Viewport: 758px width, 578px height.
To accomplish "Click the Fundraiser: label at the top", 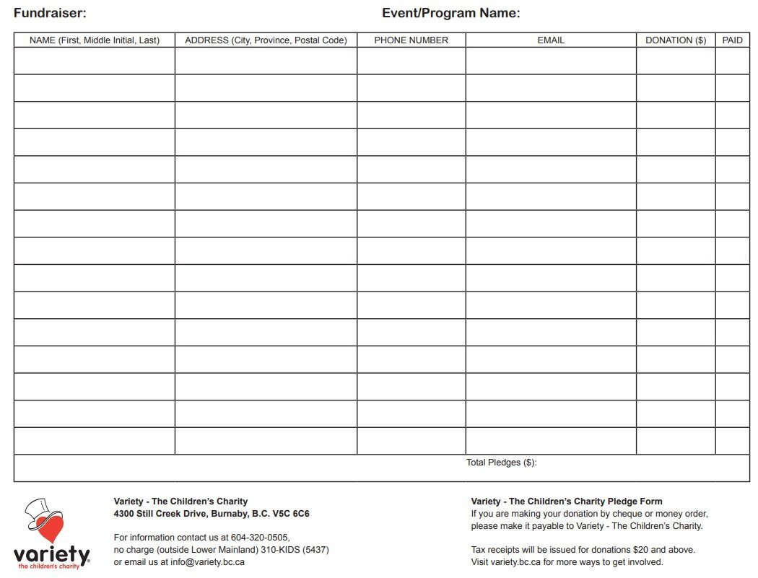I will click(x=50, y=13).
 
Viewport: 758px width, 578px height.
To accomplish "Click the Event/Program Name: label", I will click(x=450, y=13).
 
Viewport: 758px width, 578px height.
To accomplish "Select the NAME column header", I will click(x=94, y=40).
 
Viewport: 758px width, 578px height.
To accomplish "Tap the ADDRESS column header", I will click(x=266, y=40).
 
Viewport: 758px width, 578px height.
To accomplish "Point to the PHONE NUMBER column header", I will click(x=411, y=40).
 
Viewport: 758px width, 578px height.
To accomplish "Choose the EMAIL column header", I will click(x=551, y=40).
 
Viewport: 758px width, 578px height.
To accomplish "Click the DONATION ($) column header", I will click(x=676, y=40).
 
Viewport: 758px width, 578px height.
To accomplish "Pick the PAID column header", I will click(x=732, y=40).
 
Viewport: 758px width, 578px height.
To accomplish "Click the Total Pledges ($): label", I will click(x=502, y=463).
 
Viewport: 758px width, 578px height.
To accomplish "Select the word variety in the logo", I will click(x=51, y=555).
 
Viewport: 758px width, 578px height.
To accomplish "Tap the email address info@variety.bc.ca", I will click(x=207, y=562).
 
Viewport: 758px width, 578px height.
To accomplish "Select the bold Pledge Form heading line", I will click(x=566, y=502).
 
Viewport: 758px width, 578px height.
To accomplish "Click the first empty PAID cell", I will click(x=732, y=61).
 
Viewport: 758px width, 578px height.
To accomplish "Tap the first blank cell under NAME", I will click(x=94, y=61).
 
